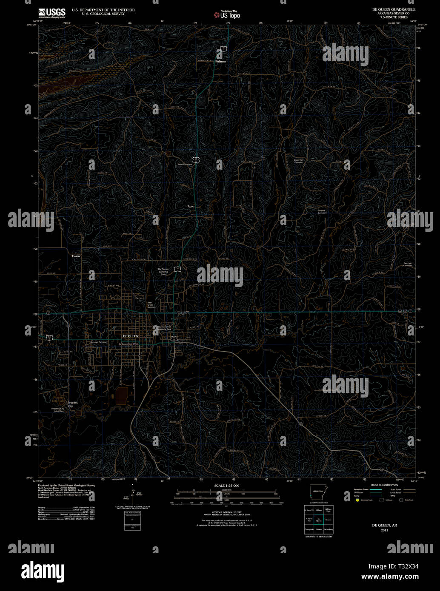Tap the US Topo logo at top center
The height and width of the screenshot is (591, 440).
[x=227, y=15]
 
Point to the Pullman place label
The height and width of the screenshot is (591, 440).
[x=221, y=61]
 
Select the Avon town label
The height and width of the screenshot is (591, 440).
[x=191, y=206]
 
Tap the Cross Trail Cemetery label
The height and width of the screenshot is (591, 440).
[x=299, y=161]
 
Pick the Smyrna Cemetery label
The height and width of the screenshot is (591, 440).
[x=322, y=212]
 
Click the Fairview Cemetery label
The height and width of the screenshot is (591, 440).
[x=408, y=264]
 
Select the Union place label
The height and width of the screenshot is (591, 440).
[x=76, y=256]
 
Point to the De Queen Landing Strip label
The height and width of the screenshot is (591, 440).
[x=163, y=272]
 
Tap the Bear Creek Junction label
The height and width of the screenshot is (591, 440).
[x=151, y=305]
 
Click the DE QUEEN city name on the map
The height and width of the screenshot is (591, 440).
[x=130, y=336]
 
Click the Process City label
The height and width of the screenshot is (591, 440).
[x=72, y=404]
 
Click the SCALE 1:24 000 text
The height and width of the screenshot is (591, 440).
[x=226, y=486]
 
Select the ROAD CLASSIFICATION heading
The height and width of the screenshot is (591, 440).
[x=384, y=485]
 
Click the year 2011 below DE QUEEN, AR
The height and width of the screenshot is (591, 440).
[x=385, y=530]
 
